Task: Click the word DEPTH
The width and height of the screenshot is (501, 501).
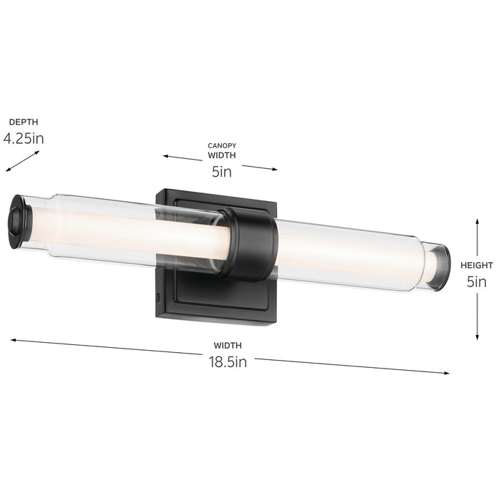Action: coord(24,122)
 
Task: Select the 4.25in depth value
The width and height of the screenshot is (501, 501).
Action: coord(24,138)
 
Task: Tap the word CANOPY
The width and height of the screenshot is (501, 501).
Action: coord(221,145)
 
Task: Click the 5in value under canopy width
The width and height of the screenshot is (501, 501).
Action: coord(221,171)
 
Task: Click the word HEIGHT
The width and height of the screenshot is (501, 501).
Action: coord(477,265)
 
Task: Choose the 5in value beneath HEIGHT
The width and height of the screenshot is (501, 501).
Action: coord(477,281)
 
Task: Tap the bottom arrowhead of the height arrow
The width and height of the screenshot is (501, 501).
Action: coord(477,336)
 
